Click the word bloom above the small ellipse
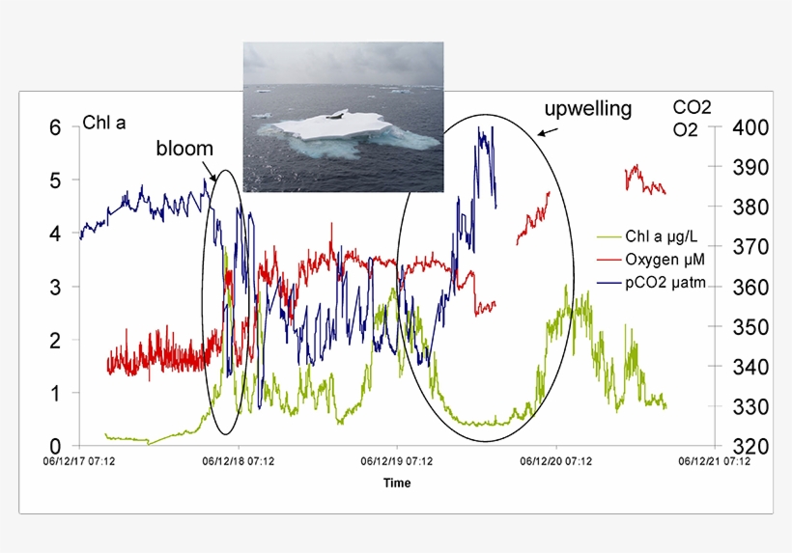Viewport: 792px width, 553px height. pos(184,149)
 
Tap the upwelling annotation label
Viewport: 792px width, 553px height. pos(588,109)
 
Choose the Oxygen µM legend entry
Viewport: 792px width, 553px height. pos(651,260)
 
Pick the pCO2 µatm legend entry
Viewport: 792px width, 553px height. pos(651,283)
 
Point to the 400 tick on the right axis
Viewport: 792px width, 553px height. pos(750,127)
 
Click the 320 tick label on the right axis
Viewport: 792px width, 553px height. pos(750,446)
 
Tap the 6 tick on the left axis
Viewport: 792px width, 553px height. pos(55,127)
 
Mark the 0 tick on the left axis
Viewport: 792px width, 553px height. pos(55,446)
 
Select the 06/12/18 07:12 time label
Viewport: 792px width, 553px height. pos(239,461)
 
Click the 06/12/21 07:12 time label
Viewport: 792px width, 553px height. pos(714,461)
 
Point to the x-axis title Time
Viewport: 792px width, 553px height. pos(397,483)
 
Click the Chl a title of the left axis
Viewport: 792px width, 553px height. pos(104,123)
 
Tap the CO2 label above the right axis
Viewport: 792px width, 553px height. pos(692,107)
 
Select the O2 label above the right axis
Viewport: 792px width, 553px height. pos(685,130)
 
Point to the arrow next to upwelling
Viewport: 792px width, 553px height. pos(548,131)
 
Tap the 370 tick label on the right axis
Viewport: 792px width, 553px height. pos(750,247)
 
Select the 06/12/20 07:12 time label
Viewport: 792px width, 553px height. pos(556,461)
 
